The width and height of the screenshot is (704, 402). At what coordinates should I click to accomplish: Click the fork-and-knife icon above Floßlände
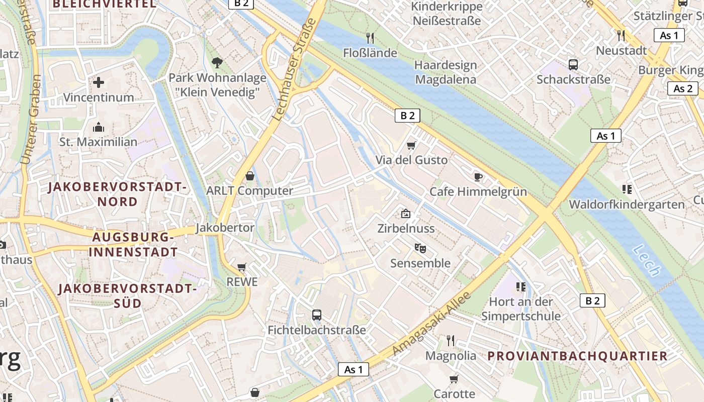[370, 38]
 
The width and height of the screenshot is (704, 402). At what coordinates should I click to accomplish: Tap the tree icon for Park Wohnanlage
[217, 63]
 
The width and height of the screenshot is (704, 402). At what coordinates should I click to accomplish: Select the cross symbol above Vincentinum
[99, 82]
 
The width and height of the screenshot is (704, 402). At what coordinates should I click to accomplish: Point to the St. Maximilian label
[99, 142]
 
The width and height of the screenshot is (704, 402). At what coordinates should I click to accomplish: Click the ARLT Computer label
[249, 191]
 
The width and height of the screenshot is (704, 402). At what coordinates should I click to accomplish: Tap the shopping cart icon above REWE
[242, 267]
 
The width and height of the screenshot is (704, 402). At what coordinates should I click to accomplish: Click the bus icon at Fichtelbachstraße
[316, 315]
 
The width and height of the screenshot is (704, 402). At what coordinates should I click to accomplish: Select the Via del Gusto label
[411, 160]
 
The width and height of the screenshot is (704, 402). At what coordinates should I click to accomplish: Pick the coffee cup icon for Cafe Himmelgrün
[478, 176]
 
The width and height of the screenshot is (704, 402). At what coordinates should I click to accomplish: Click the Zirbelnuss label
[406, 228]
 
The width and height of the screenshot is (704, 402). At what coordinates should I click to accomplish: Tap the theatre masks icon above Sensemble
[420, 248]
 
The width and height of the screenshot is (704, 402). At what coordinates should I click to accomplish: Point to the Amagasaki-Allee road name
[432, 323]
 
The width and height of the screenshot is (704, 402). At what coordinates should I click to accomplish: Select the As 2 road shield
[682, 89]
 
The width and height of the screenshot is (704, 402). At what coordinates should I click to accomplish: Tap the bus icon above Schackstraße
[573, 64]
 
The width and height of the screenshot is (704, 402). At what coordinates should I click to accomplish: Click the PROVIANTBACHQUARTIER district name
[577, 356]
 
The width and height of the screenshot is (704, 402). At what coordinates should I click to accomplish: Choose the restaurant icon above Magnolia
[451, 341]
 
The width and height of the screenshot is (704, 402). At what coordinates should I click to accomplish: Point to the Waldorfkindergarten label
[627, 205]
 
